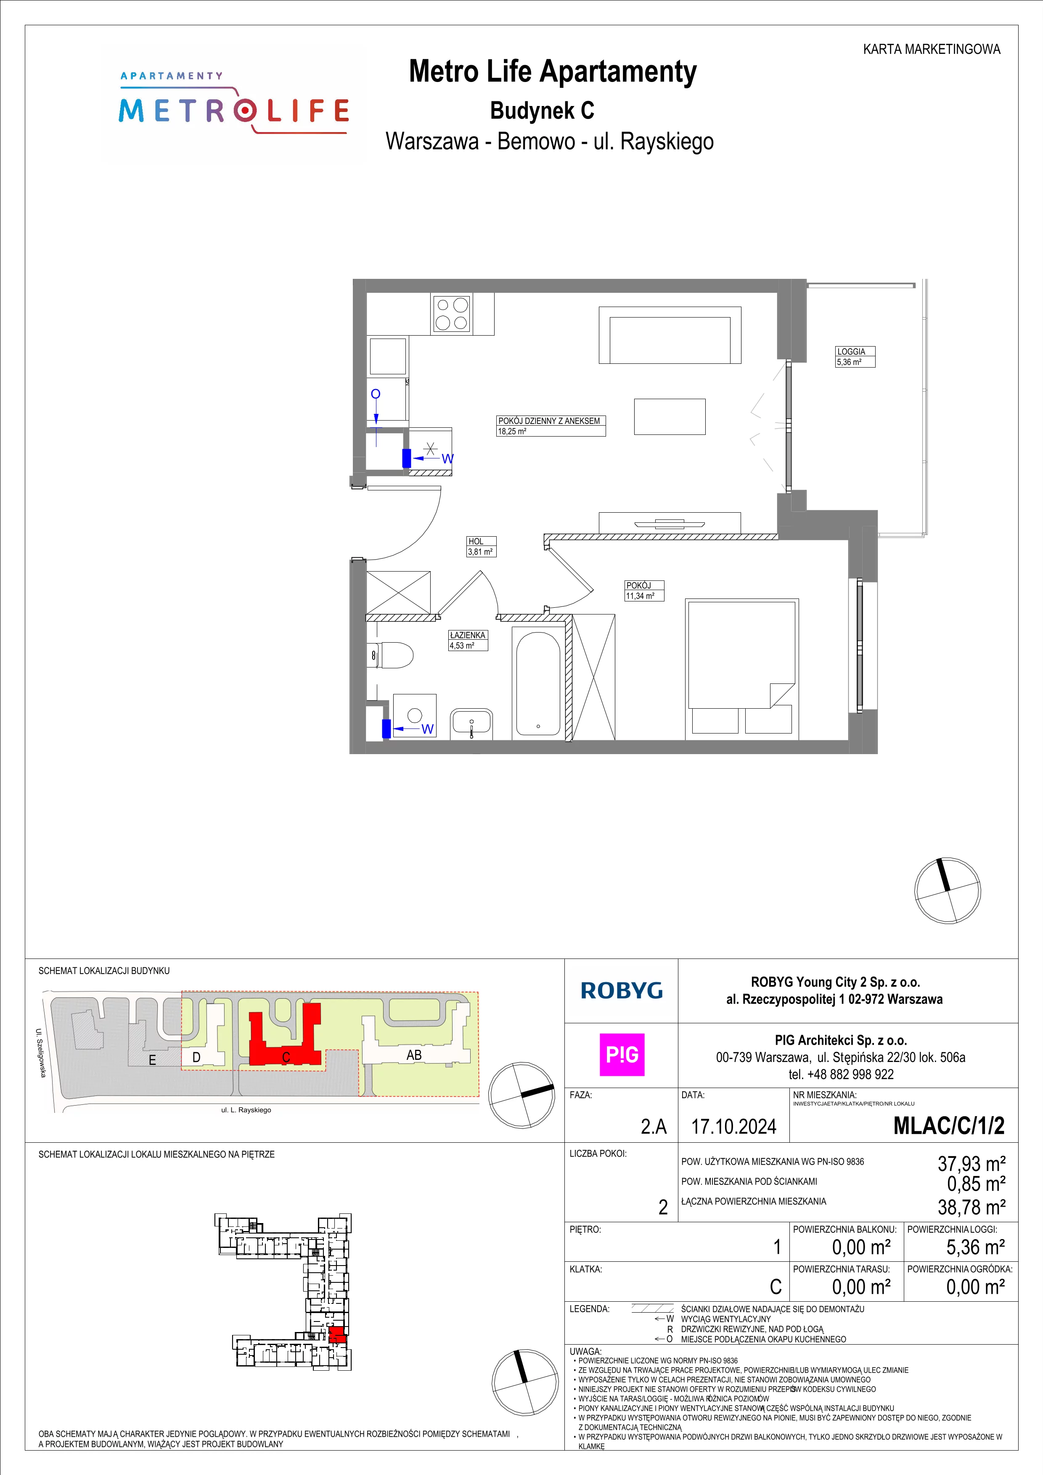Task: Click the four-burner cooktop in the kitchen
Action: click(452, 313)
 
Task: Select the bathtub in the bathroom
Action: click(538, 685)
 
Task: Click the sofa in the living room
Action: click(670, 335)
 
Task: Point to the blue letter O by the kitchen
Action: click(376, 394)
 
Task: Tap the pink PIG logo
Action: click(622, 1054)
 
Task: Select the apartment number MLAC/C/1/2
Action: click(949, 1125)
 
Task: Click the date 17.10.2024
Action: click(733, 1126)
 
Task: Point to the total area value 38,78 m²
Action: click(971, 1207)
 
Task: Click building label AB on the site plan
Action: click(414, 1055)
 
